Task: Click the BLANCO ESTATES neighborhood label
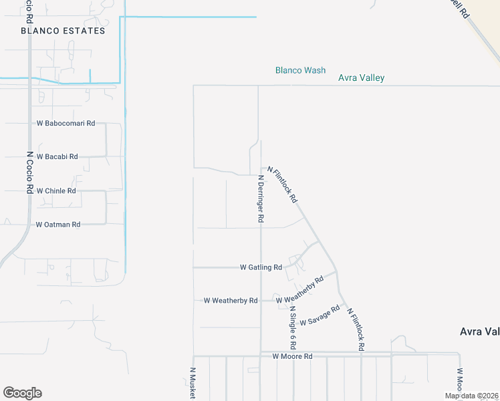tap(63, 31)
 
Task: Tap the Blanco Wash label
tap(301, 70)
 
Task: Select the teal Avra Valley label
tap(361, 78)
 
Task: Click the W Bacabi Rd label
tap(57, 156)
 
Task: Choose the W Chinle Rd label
tap(56, 190)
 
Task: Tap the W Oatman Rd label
tap(57, 225)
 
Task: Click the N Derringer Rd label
tap(261, 199)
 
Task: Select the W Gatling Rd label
tap(261, 267)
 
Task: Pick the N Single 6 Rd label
tap(293, 328)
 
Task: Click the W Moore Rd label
tap(292, 356)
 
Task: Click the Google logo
tap(22, 393)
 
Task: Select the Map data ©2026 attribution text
tap(471, 396)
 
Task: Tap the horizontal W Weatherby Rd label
tap(231, 301)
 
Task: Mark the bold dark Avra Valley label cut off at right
tap(479, 331)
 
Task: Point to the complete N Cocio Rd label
tap(29, 172)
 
